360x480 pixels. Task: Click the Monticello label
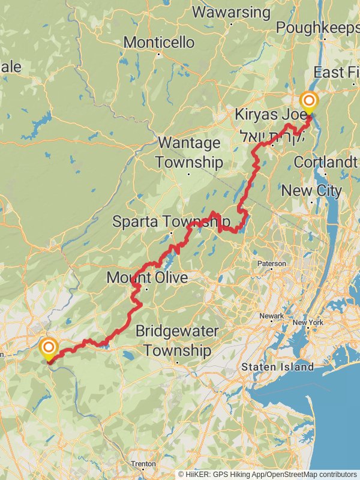tap(159, 43)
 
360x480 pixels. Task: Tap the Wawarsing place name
tap(231, 12)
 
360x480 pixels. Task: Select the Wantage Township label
tap(190, 152)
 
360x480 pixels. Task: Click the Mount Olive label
tap(147, 278)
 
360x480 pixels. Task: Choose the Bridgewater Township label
tap(177, 340)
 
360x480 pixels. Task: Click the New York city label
tap(308, 323)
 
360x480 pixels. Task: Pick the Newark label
tap(272, 316)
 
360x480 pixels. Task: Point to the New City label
tap(311, 191)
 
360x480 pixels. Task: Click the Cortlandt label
tap(326, 163)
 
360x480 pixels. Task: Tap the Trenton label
tap(144, 464)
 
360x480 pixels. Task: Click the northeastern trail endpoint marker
tap(310, 101)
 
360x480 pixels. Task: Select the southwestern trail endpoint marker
tap(48, 347)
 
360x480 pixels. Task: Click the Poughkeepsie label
tap(318, 28)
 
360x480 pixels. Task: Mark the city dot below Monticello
tap(159, 54)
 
